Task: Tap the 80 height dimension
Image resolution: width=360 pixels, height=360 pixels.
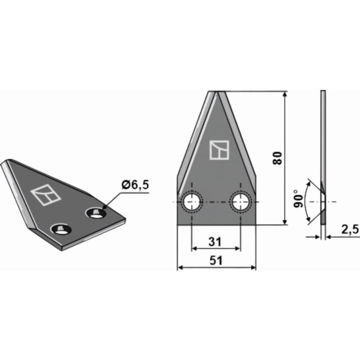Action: click(x=277, y=158)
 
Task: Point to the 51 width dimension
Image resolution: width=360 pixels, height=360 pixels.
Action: click(x=216, y=261)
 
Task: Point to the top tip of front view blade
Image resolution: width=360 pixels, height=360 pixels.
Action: click(x=216, y=93)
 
